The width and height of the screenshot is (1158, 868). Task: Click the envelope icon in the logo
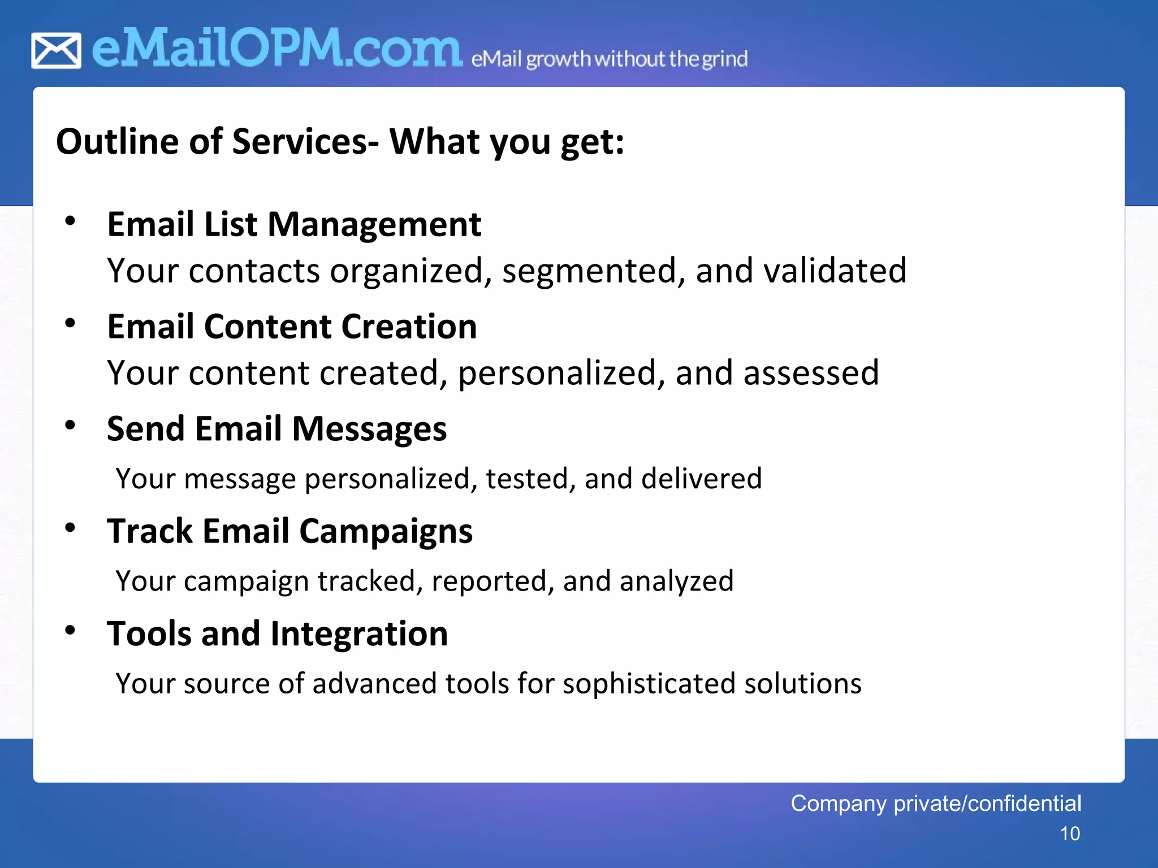pos(56,51)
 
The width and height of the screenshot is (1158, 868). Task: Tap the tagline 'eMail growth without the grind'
pos(609,59)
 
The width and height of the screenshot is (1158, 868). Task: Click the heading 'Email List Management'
pos(294,224)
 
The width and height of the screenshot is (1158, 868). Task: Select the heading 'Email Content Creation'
pos(292,327)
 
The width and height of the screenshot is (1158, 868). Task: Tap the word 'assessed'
pos(811,373)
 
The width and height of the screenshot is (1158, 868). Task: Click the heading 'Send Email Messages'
pos(276,428)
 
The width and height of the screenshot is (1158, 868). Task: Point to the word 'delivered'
pos(701,479)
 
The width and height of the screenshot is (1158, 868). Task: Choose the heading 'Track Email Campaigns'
pos(289,531)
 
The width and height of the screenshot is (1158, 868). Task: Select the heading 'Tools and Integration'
pos(277,633)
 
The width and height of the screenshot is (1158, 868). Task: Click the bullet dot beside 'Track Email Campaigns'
pos(70,528)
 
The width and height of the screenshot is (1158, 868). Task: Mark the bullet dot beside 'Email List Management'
pos(70,221)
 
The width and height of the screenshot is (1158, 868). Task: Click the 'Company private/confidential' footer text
pos(936,803)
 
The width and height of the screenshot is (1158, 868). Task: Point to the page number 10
pos(1069,834)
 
